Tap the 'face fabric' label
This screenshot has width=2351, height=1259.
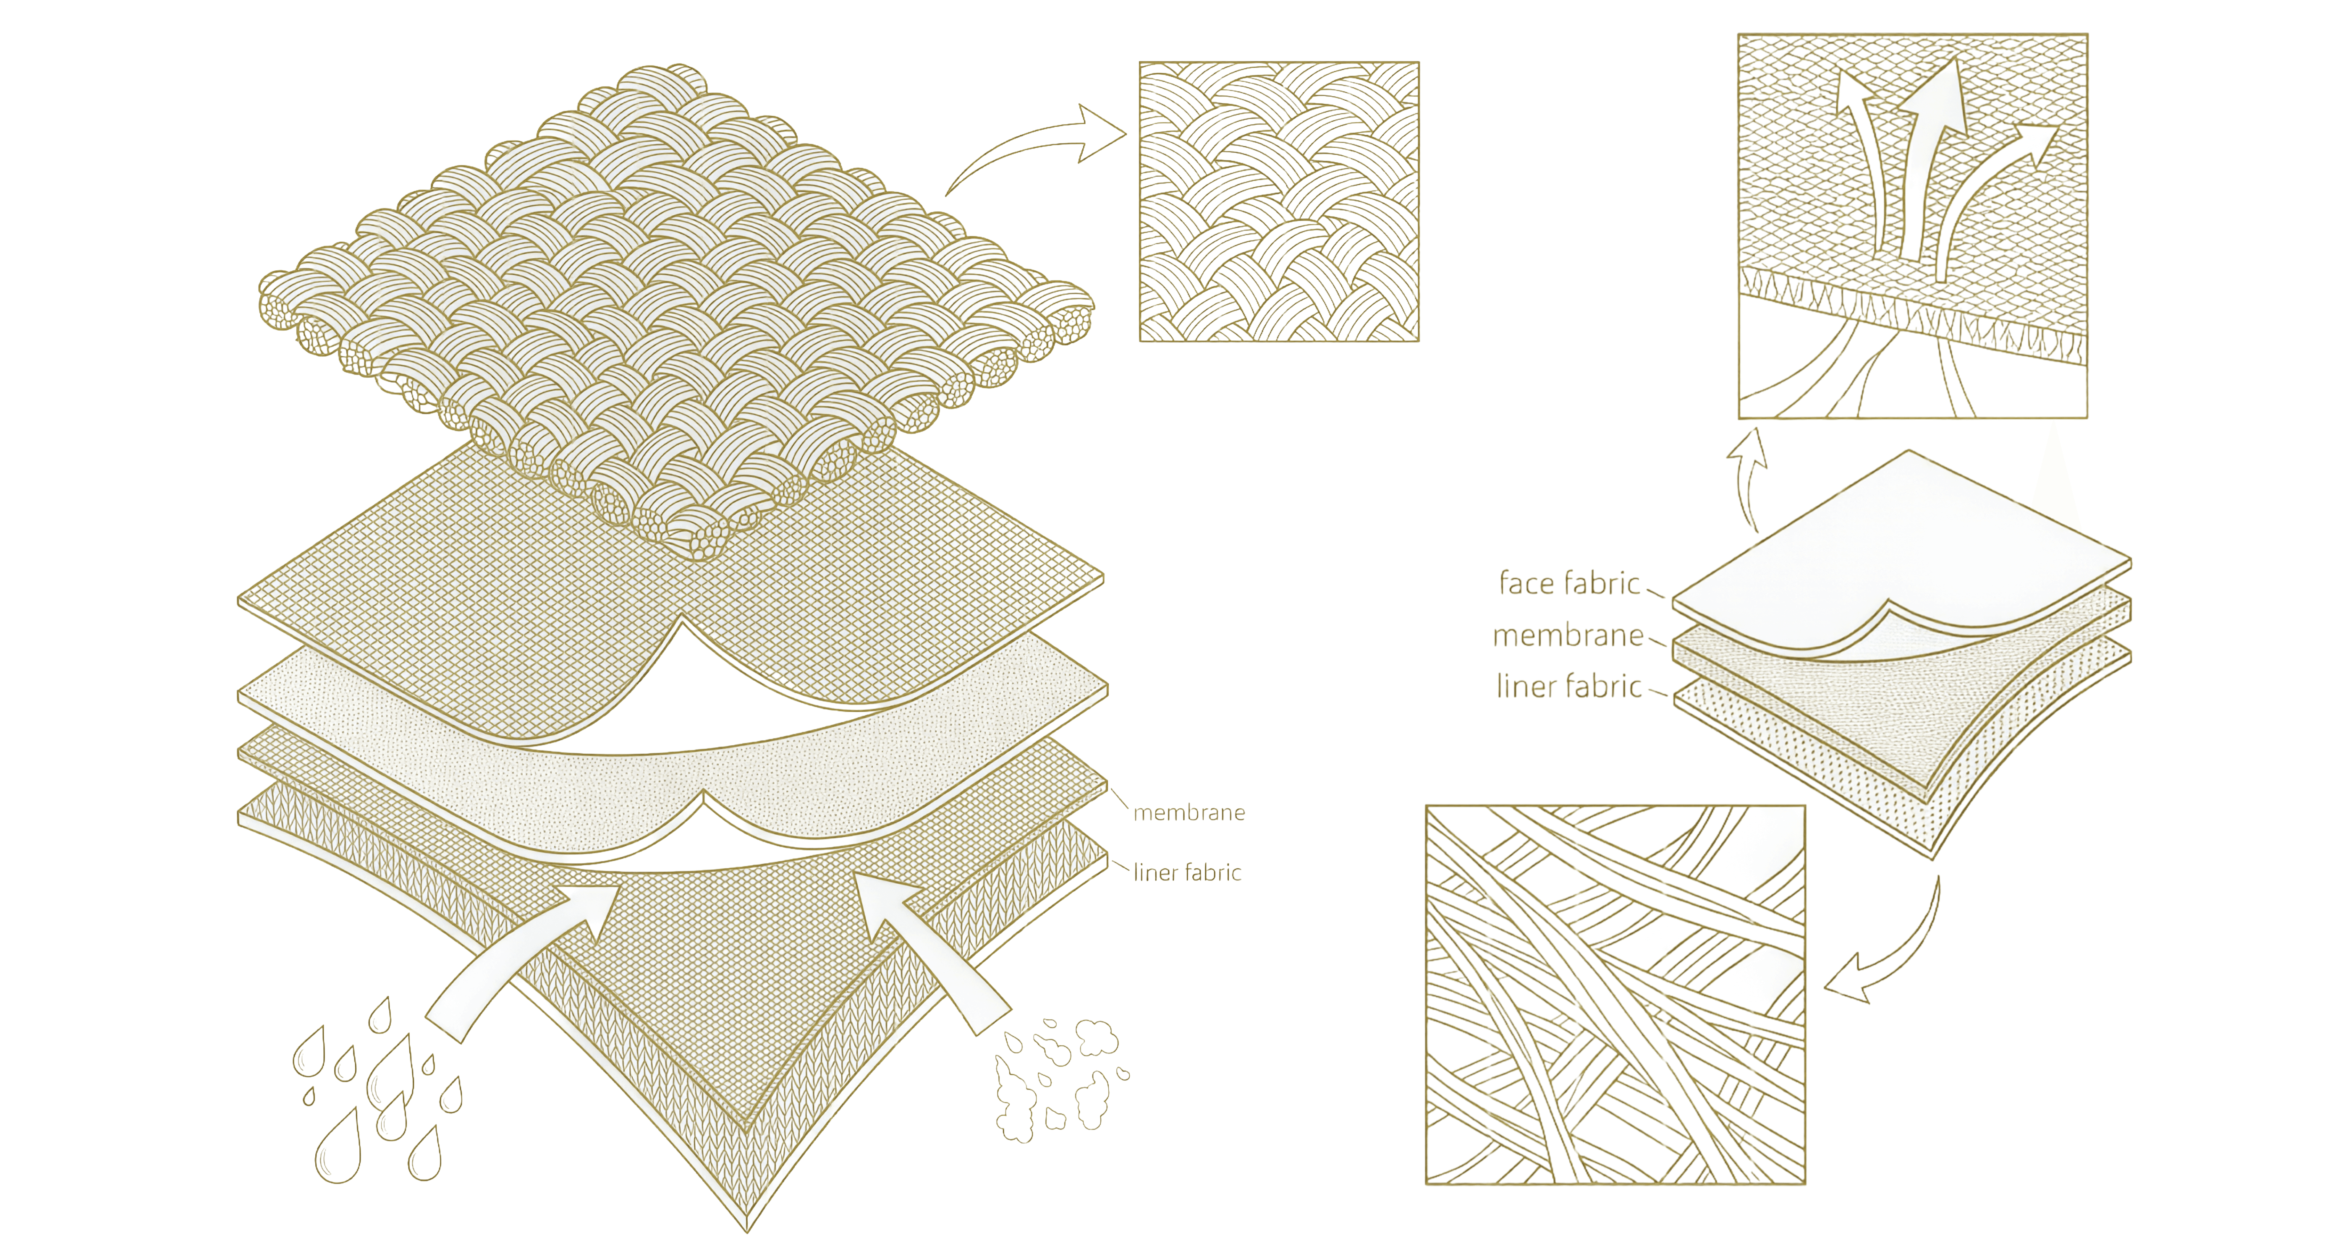tap(1569, 583)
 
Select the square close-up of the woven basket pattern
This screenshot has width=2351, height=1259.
tap(1279, 201)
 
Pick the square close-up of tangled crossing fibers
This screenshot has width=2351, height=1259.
tap(1615, 995)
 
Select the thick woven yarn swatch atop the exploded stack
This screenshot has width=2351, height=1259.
tap(675, 301)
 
